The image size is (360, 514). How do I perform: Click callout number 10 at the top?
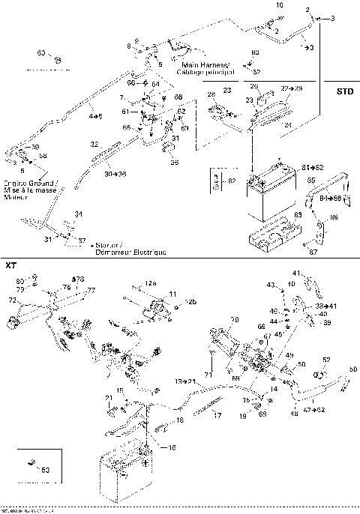[x=280, y=5]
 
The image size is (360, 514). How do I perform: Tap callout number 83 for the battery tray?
[x=298, y=214]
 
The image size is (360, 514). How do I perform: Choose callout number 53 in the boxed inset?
[x=46, y=470]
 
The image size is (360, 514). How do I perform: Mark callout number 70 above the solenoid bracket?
[x=235, y=320]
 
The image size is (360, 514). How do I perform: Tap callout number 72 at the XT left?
[x=12, y=300]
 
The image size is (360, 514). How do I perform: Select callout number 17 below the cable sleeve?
[x=217, y=414]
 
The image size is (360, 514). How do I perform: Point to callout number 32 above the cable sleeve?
[x=94, y=143]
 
